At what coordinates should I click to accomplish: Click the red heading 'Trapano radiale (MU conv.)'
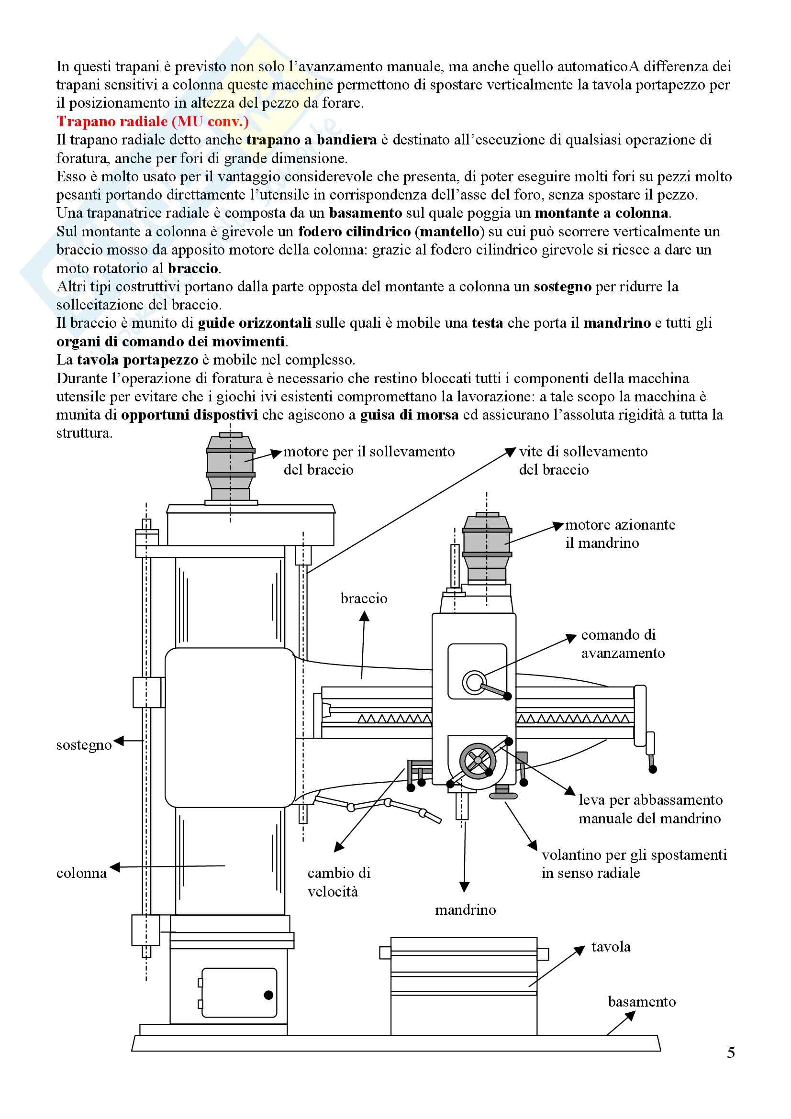(x=153, y=122)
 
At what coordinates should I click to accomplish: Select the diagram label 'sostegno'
(x=84, y=745)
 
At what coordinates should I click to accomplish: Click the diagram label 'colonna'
(x=81, y=873)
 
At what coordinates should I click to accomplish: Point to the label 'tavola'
(x=611, y=946)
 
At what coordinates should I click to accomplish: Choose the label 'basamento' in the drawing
(x=642, y=1001)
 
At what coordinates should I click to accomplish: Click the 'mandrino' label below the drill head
(x=466, y=910)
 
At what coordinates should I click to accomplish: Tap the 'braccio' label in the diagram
(x=364, y=598)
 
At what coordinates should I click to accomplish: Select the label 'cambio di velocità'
(x=339, y=882)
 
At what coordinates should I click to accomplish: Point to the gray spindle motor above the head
(x=487, y=548)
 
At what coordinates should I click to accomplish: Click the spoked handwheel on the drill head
(x=478, y=760)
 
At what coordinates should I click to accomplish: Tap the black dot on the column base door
(x=268, y=995)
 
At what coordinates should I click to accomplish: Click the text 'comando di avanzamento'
(x=623, y=644)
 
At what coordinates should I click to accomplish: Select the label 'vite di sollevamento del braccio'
(x=583, y=461)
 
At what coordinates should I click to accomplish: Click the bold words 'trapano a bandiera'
(x=312, y=140)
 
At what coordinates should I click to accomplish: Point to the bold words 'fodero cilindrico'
(x=354, y=232)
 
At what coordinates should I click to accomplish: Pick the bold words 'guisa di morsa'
(x=410, y=415)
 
